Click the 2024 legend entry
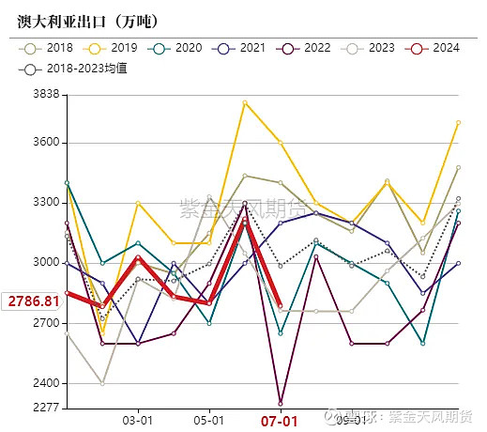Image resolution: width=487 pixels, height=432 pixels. tap(434, 47)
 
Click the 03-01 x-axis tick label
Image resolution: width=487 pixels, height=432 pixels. tap(138, 422)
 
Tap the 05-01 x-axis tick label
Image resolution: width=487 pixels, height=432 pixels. tap(208, 422)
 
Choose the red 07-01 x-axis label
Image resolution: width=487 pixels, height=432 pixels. tap(280, 422)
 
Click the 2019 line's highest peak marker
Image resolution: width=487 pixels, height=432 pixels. tap(245, 101)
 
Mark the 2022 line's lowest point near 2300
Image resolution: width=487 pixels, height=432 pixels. tap(281, 403)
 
